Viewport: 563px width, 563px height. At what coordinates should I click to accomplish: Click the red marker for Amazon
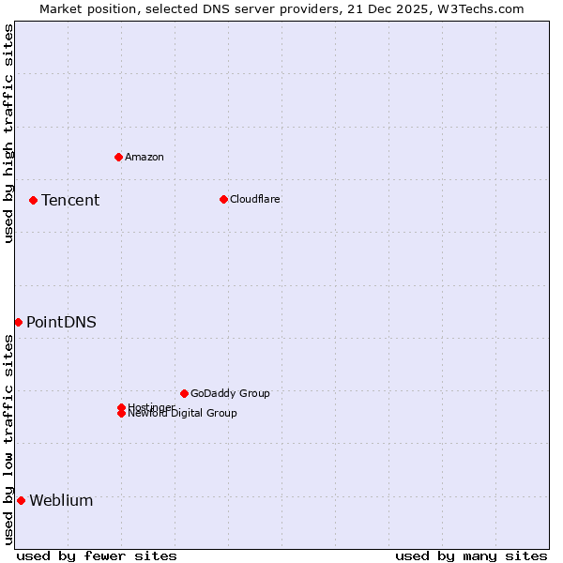tap(118, 157)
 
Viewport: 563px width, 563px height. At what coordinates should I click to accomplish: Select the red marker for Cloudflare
tap(223, 199)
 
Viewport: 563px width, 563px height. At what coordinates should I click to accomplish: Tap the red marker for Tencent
tap(33, 200)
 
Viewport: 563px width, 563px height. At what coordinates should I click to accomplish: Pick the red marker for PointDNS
tap(18, 322)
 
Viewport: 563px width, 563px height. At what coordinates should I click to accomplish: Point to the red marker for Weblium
tap(21, 500)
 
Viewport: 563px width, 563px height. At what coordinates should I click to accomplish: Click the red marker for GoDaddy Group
tap(184, 393)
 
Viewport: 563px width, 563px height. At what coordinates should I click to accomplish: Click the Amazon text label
tap(144, 157)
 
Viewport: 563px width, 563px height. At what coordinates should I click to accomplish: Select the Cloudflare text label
tap(254, 199)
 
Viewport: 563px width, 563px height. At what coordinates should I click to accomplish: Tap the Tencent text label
tap(70, 200)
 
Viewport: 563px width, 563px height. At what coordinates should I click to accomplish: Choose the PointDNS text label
tap(61, 322)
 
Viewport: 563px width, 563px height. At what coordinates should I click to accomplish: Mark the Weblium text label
tap(61, 500)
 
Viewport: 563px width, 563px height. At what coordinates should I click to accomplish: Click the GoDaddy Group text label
tap(230, 393)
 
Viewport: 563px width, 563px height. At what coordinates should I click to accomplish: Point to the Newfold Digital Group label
tap(182, 414)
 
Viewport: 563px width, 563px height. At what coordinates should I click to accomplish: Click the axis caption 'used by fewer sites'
tap(97, 555)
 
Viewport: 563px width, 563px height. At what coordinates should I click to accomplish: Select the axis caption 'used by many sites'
tap(471, 555)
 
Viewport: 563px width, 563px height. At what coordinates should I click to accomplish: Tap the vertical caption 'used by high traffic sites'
tap(8, 133)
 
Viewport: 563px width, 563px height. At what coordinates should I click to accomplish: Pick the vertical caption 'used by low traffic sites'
tap(8, 439)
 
